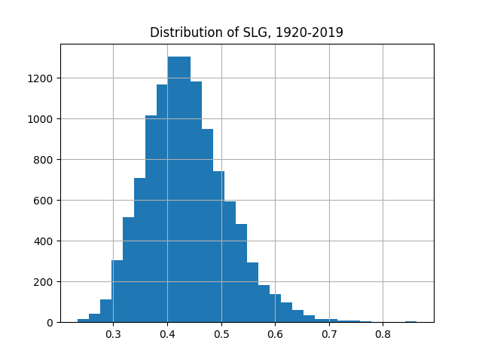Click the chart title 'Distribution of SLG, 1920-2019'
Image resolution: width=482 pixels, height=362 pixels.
(246, 32)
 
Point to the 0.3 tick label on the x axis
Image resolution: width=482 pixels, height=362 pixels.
(113, 334)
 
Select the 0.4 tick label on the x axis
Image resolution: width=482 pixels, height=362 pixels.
(167, 334)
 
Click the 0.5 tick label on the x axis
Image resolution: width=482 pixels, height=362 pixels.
(221, 334)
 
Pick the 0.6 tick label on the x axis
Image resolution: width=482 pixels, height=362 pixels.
(275, 334)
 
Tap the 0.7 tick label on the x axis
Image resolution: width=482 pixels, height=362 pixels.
(329, 334)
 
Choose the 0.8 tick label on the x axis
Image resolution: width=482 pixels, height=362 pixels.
(383, 334)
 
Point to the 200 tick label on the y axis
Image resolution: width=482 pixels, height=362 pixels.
(44, 282)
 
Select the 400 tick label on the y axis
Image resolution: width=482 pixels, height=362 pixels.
(44, 241)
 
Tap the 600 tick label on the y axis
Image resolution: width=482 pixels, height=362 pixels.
(44, 201)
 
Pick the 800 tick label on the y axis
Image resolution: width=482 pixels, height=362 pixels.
(44, 160)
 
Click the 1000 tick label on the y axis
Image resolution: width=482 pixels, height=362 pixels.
(41, 119)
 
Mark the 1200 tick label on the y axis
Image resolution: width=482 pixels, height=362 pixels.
(41, 78)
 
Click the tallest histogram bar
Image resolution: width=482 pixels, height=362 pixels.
(178, 189)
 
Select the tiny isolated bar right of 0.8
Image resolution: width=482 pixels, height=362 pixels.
(410, 321)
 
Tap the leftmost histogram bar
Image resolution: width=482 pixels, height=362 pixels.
(83, 321)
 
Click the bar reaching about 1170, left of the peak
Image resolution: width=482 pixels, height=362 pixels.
(162, 204)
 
